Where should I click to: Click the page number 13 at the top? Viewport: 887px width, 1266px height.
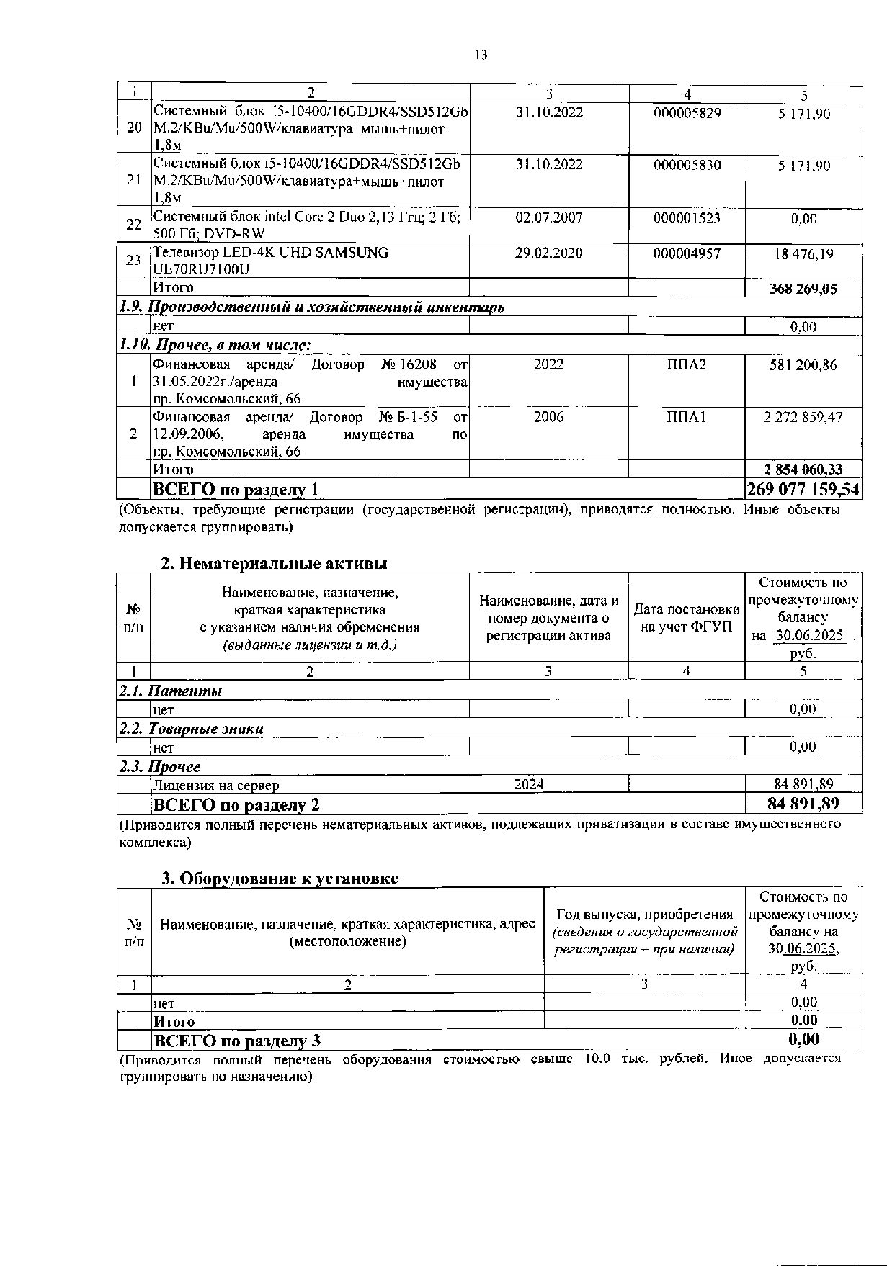(481, 55)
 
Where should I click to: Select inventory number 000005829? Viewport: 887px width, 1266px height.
(687, 113)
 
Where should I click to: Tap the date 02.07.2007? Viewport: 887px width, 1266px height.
(549, 217)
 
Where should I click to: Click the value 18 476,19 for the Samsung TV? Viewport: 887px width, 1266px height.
(803, 253)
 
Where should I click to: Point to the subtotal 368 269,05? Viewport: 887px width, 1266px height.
(803, 289)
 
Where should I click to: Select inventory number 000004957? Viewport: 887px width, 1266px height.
(687, 253)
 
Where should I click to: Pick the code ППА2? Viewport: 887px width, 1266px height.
(687, 364)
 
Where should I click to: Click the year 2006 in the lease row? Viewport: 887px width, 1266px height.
(549, 417)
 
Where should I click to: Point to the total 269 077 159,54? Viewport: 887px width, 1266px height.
(803, 490)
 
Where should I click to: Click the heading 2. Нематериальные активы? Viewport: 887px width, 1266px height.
(274, 563)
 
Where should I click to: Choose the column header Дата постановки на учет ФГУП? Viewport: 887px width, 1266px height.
(687, 619)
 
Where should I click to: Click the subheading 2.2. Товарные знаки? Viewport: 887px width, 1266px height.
(191, 729)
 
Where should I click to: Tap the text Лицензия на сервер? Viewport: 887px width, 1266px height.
(215, 785)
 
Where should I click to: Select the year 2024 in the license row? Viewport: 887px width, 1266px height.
(529, 784)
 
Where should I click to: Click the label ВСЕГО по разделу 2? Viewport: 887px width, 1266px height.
(236, 804)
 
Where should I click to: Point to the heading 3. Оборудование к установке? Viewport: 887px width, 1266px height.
(280, 879)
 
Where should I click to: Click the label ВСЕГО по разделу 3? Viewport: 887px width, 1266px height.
(236, 1041)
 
